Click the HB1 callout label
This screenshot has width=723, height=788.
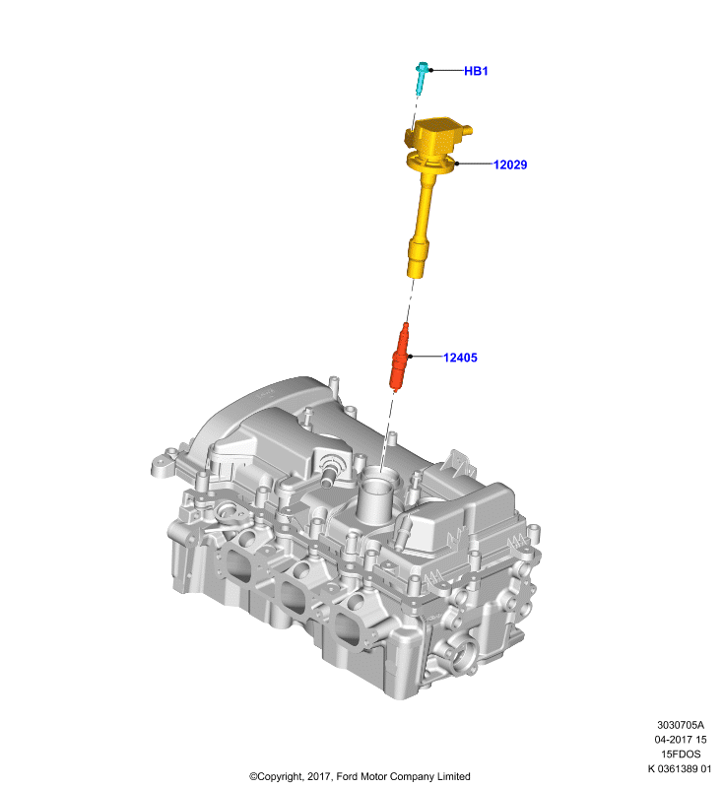[476, 71]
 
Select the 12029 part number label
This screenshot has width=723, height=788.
[510, 164]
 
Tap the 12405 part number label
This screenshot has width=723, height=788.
[460, 358]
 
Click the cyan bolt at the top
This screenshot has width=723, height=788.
[421, 79]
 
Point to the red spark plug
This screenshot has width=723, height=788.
[400, 357]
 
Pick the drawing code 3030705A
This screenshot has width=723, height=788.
[681, 725]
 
